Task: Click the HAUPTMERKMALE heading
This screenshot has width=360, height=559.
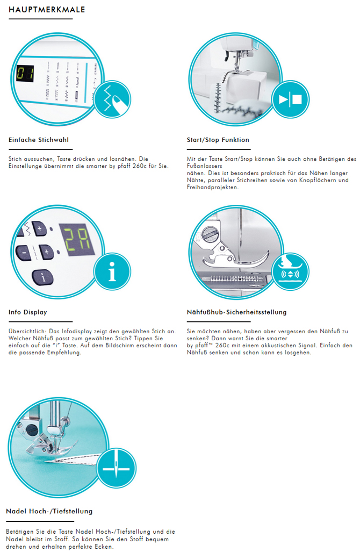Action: tap(47, 10)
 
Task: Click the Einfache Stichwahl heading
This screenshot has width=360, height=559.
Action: tap(39, 140)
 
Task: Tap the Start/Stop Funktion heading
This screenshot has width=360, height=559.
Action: tap(218, 140)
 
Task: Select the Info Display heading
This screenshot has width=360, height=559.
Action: tap(28, 312)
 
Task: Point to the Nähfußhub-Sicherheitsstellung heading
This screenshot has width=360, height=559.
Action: tap(236, 312)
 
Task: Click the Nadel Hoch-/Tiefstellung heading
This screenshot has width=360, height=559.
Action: tap(49, 511)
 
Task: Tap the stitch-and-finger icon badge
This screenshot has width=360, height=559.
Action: tap(112, 99)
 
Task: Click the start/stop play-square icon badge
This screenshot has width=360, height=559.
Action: tap(291, 99)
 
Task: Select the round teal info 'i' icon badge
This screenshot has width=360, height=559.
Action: tap(112, 271)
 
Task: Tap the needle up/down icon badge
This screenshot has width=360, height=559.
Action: tap(116, 468)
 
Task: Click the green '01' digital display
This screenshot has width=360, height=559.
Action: tap(25, 74)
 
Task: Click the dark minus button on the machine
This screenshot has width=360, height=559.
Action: tap(24, 254)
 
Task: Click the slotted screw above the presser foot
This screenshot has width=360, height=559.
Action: tap(208, 234)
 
